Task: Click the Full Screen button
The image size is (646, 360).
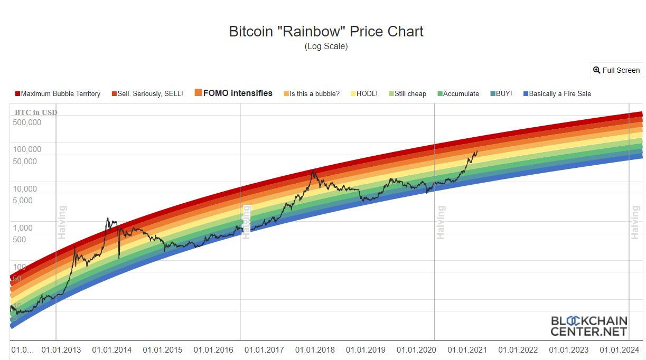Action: coord(616,70)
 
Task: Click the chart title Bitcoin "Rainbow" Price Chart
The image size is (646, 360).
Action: coord(326,31)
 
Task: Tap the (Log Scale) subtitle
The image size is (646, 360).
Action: coord(326,46)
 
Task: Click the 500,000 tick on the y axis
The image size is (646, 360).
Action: coord(27,122)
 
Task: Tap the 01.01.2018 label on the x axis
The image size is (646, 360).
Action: coord(315,350)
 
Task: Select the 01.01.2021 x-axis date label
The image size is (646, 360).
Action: coord(467,350)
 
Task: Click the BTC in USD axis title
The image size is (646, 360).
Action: coord(36,112)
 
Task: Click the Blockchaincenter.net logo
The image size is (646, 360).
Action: coord(588,326)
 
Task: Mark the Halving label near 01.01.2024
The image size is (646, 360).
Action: coord(635,222)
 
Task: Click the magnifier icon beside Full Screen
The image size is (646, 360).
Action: coord(597,70)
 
